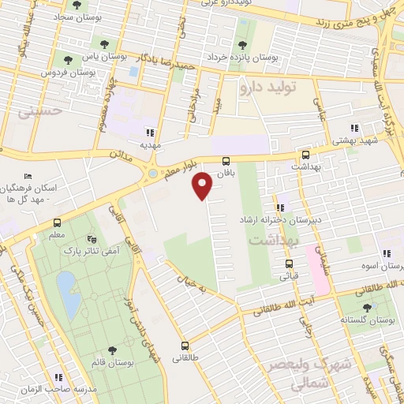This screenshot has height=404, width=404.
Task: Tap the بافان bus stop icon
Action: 226,159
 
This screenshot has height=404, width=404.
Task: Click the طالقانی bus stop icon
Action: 185,346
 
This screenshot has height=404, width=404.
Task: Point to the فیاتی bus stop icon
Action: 287,264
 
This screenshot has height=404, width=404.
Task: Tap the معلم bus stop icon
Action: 57,223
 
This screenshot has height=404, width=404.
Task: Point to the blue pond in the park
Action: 68,293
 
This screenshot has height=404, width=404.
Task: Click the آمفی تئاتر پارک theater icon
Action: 92,238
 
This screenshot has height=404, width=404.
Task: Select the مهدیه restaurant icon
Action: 149,133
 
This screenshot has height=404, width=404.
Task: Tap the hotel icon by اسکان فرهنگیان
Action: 28,175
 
